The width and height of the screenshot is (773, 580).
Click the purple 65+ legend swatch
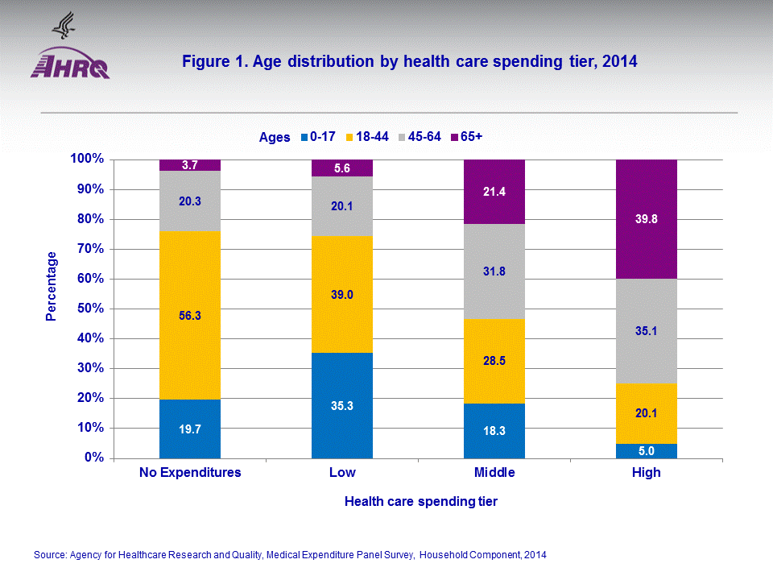(x=455, y=137)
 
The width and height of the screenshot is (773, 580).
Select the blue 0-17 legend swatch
(x=304, y=137)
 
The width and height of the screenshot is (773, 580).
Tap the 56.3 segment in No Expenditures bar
(x=190, y=316)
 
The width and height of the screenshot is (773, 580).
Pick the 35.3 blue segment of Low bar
(x=342, y=405)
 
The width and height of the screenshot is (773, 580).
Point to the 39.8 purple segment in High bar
(x=646, y=219)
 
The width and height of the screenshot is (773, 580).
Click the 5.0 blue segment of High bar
(x=646, y=450)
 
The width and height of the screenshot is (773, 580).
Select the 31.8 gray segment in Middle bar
(x=494, y=271)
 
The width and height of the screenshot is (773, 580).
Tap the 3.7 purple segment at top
(x=190, y=165)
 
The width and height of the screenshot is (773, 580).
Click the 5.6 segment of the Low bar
(x=342, y=168)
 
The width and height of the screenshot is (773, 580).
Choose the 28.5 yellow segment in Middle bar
(x=494, y=361)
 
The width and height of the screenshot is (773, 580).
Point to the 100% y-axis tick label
(x=85, y=159)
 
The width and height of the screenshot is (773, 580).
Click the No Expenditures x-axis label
(x=190, y=473)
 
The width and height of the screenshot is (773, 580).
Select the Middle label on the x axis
(x=494, y=473)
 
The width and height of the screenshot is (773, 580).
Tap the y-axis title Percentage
(x=52, y=286)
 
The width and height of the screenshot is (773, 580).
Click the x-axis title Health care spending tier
(x=420, y=502)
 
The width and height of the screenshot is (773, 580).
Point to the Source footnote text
(x=291, y=555)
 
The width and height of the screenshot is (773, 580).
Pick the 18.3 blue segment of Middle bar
(x=494, y=431)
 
